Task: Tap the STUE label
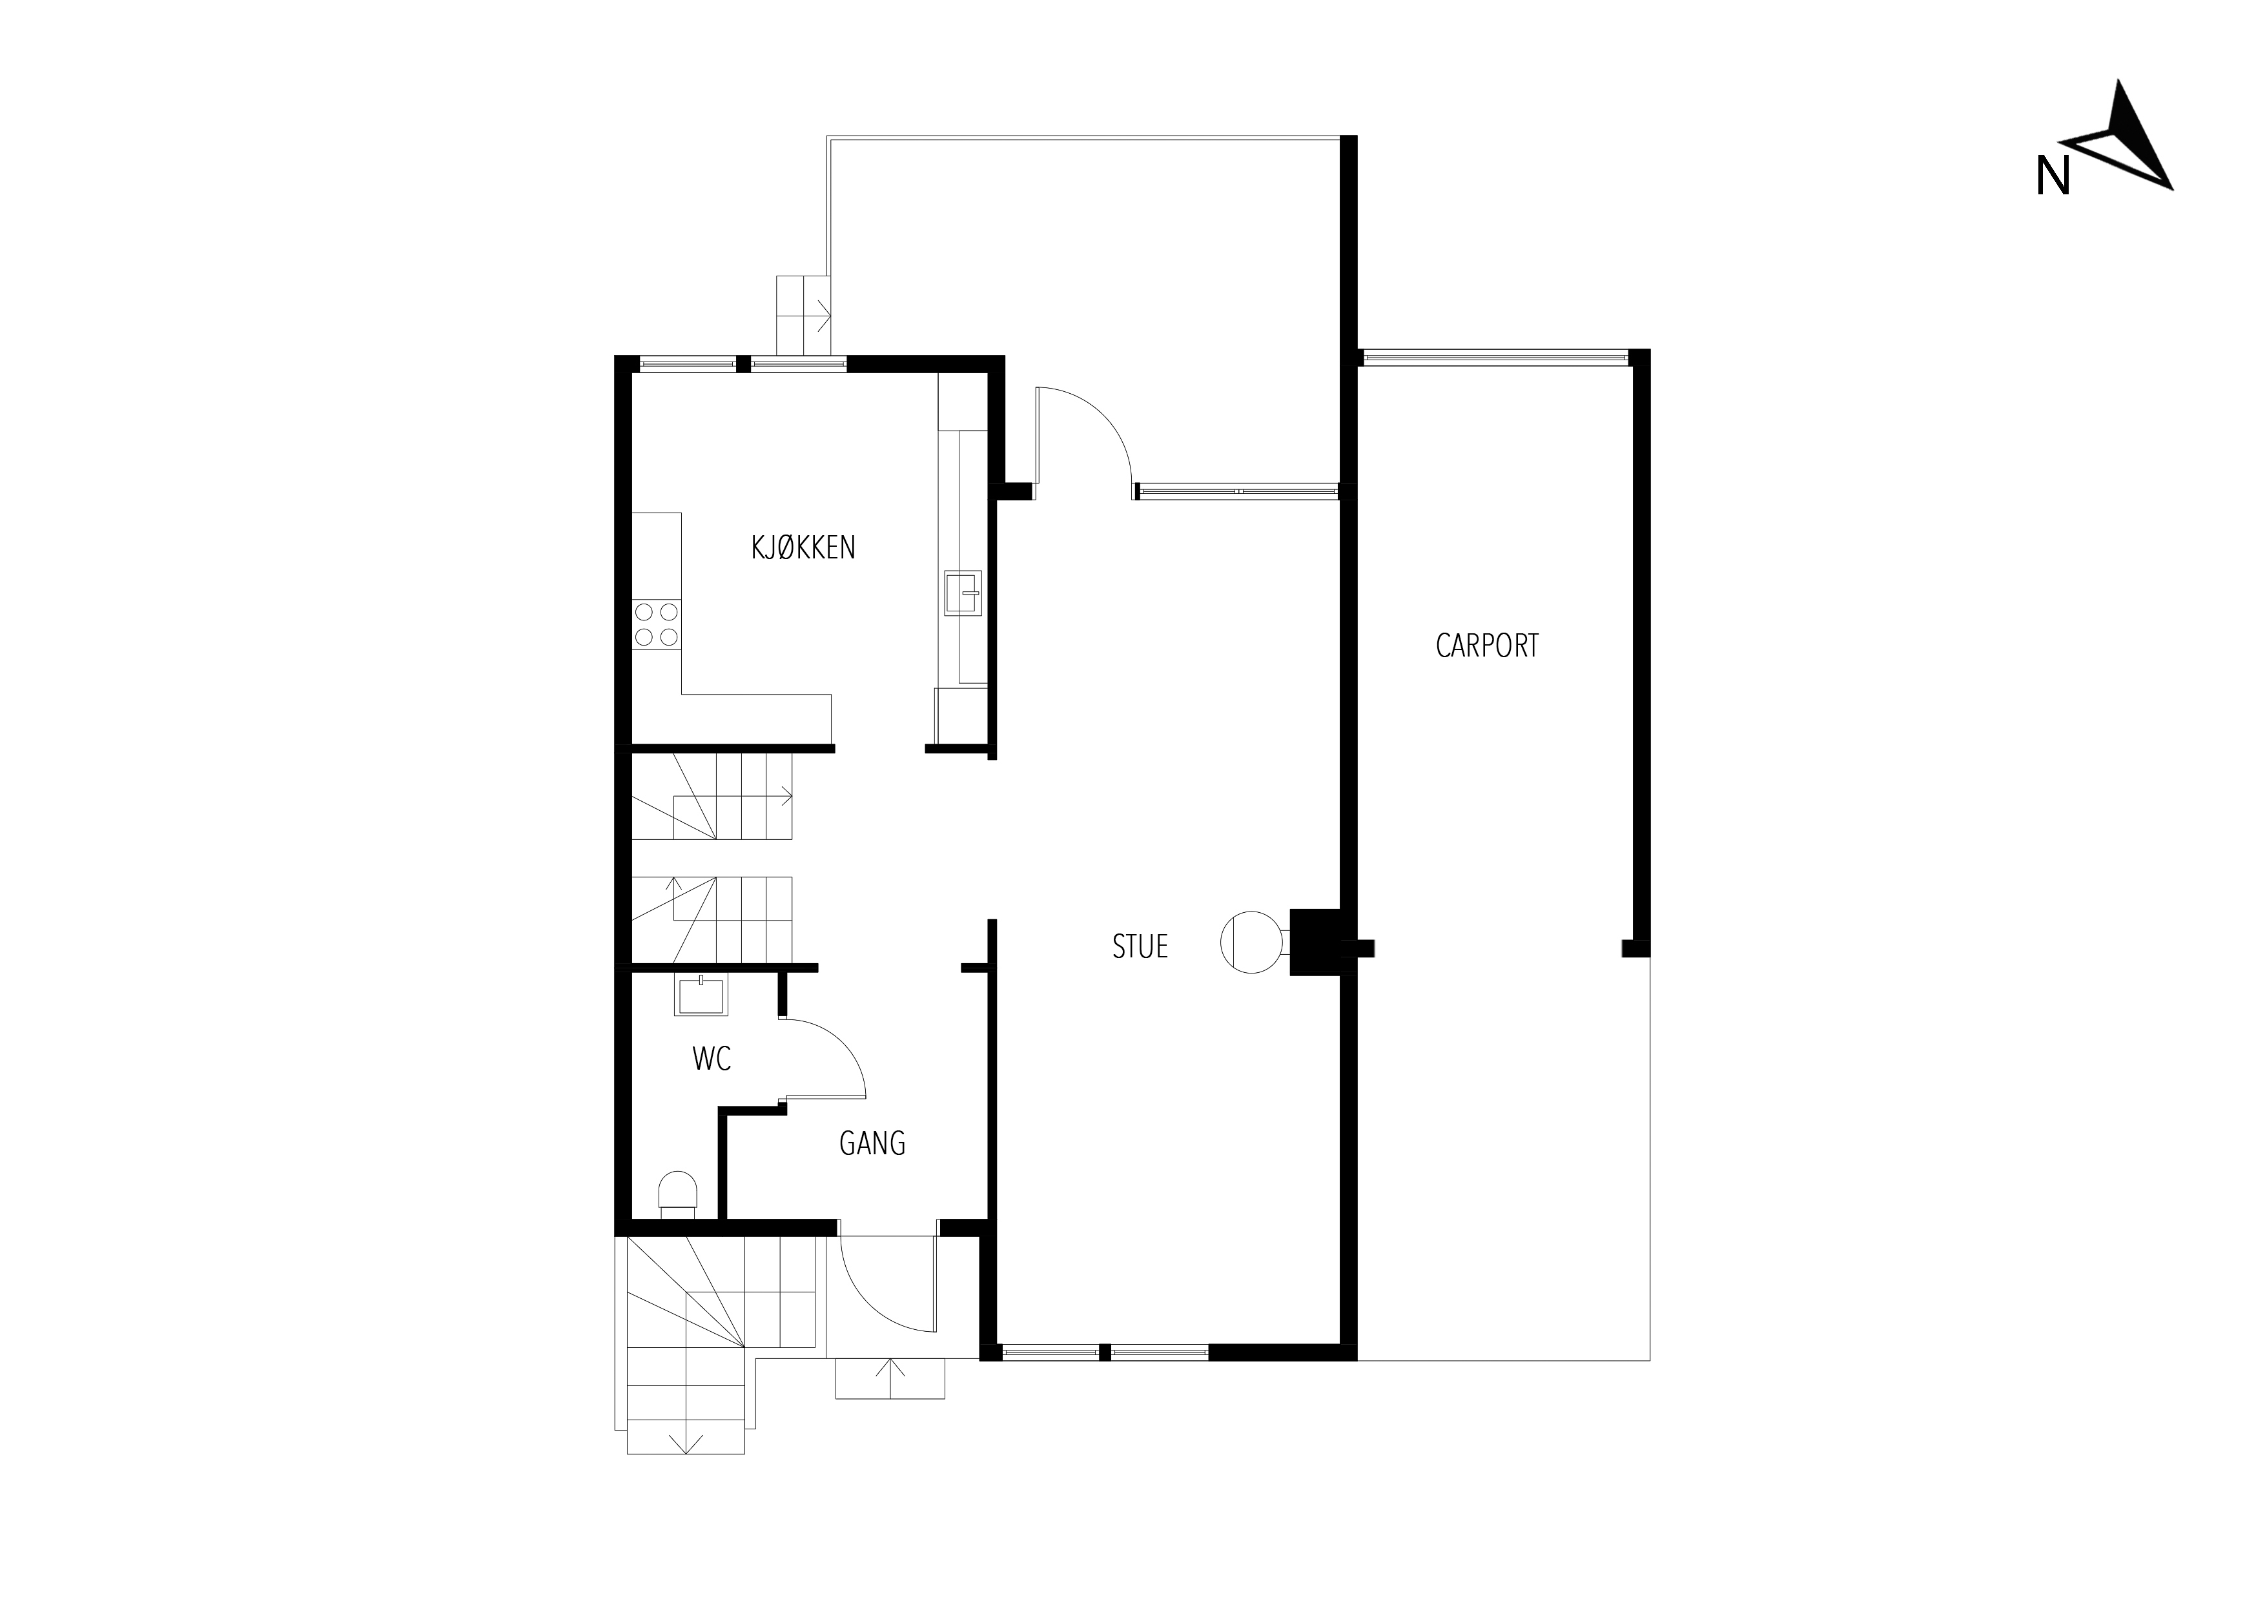pyautogui.click(x=1140, y=947)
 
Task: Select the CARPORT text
pyautogui.click(x=1487, y=646)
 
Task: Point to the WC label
pyautogui.click(x=712, y=1059)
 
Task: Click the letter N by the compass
pyautogui.click(x=2053, y=177)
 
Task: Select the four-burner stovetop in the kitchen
pyautogui.click(x=656, y=624)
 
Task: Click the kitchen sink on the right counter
pyautogui.click(x=963, y=593)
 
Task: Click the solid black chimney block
pyautogui.click(x=1315, y=942)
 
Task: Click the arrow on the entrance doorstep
pyautogui.click(x=890, y=1378)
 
